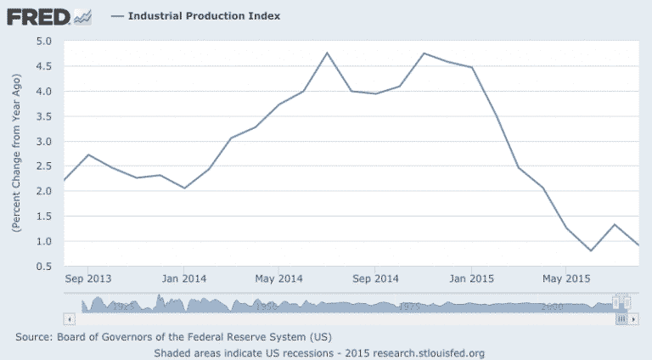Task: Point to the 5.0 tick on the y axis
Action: tap(45, 41)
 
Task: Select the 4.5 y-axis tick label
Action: tap(45, 66)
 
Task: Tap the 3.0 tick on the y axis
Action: tap(45, 141)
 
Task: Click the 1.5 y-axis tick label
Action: tap(45, 217)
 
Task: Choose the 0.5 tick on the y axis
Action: tap(45, 267)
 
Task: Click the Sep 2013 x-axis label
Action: tap(88, 278)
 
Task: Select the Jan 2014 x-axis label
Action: tap(183, 278)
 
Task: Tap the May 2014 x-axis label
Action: tap(278, 278)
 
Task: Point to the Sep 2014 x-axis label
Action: tap(375, 278)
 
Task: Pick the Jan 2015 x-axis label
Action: tap(469, 278)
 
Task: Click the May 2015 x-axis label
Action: tap(565, 278)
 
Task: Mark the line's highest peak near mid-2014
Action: tap(327, 53)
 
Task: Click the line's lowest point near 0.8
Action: tap(590, 250)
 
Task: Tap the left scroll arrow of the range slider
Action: tap(70, 318)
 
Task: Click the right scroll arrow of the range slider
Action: tap(632, 318)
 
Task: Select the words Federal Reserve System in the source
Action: tap(252, 337)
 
